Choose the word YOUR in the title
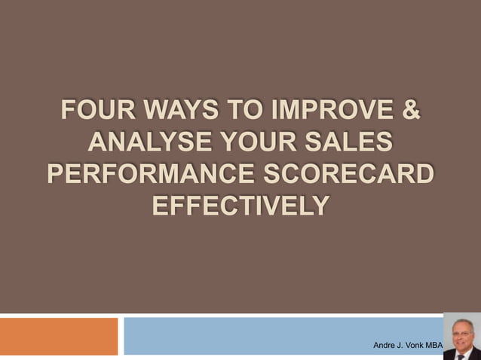point(253,143)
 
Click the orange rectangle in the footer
point(59,336)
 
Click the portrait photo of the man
point(461,336)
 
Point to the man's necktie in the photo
point(461,355)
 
